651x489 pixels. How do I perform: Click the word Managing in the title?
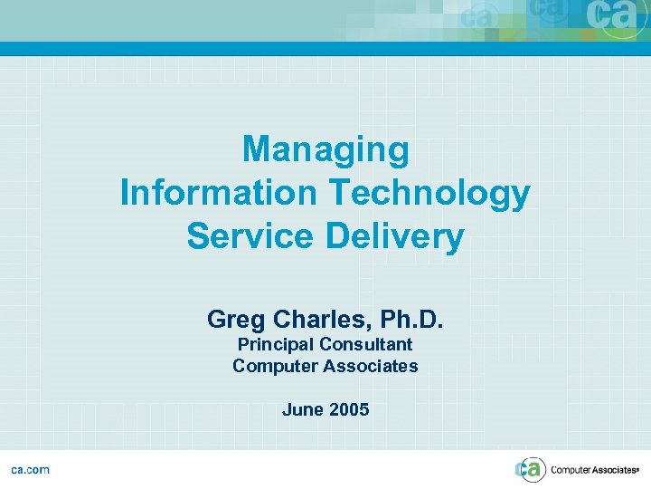(325, 150)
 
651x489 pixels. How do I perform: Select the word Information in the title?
(217, 193)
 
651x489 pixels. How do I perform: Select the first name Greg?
(234, 319)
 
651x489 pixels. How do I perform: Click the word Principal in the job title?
(275, 344)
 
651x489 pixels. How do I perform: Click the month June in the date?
(302, 409)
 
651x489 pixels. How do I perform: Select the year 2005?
(349, 409)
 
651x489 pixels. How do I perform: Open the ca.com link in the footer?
(30, 469)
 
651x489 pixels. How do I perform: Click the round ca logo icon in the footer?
(531, 469)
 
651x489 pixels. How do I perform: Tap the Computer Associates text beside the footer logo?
(594, 469)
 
